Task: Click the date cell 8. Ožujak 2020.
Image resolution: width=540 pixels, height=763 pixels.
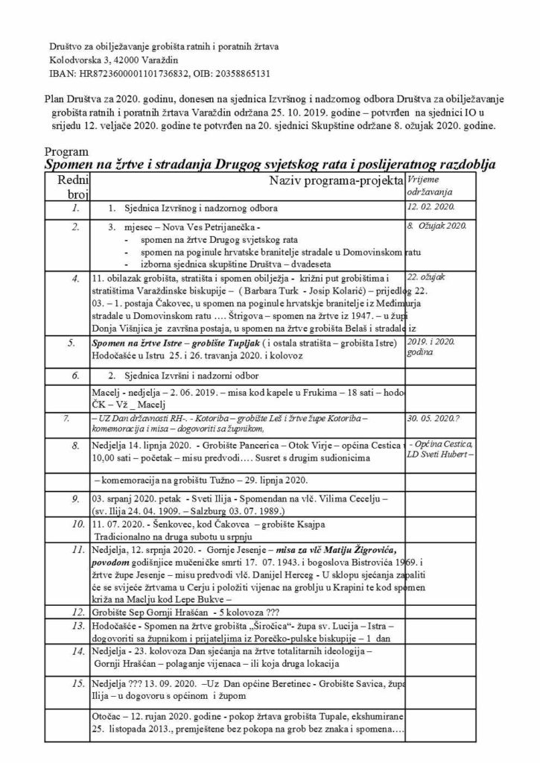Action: (x=436, y=224)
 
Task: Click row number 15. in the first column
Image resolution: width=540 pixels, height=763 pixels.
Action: (x=74, y=683)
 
